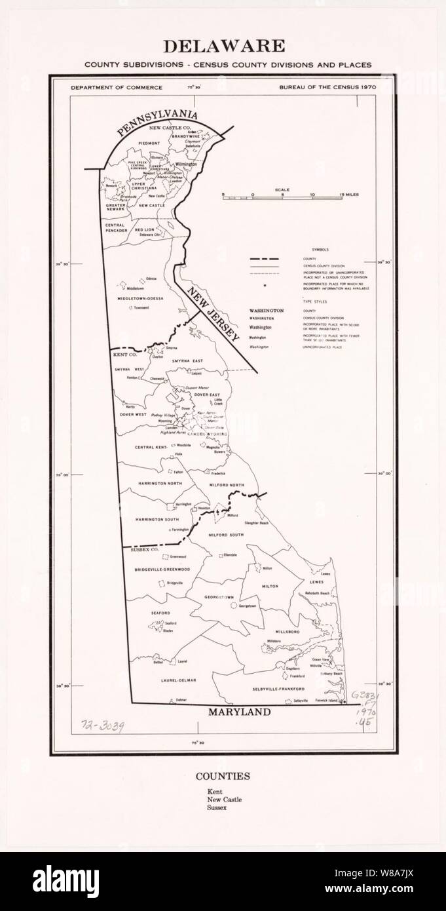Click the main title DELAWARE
pos(223,46)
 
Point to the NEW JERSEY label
pos(212,315)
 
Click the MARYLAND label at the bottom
pos(239,712)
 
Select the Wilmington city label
pos(186,164)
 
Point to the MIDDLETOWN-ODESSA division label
pos(140,298)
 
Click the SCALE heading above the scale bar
pos(283,190)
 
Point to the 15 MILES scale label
pos(349,195)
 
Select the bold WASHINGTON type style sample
pos(267,310)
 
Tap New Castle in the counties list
pos(224,800)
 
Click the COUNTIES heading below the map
pos(223,776)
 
